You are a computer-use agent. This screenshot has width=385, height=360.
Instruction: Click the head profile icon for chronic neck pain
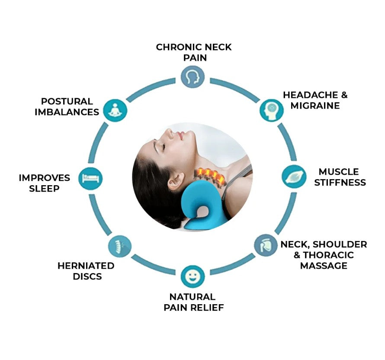coord(193,77)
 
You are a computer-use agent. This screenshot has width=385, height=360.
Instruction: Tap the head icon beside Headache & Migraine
coord(272,110)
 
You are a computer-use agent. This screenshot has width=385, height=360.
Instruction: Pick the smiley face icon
coord(193,276)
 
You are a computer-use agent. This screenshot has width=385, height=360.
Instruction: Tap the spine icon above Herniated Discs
coord(120,246)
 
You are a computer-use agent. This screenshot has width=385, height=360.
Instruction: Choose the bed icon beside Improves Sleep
coord(90,179)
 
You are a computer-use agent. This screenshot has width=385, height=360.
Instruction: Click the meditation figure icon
coord(115,110)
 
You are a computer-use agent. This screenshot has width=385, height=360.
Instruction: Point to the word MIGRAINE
coord(315,106)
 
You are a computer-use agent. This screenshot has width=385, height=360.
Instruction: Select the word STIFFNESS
coord(340,183)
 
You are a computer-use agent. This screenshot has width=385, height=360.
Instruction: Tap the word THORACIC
coord(328,255)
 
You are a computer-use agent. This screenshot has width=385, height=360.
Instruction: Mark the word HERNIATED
coord(86,266)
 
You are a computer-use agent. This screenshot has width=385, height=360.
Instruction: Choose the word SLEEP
coord(44,189)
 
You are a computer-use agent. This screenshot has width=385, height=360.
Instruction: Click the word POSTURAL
coord(67,101)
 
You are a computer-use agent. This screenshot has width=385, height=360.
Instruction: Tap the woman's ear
coord(176,181)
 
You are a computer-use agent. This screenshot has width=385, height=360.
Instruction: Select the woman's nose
coord(169,132)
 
